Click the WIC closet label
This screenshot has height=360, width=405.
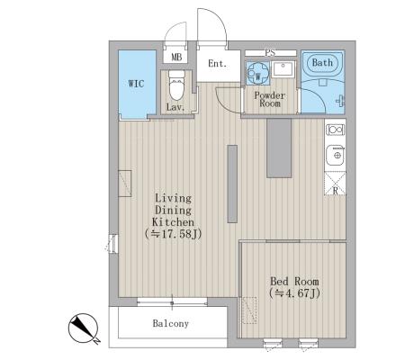point(136,84)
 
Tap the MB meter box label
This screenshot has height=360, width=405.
point(176,58)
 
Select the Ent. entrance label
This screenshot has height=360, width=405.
point(217,64)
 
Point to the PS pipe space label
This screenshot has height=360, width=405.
point(270,53)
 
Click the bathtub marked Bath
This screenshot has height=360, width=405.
point(322,63)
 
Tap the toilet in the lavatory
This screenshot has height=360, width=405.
point(176,85)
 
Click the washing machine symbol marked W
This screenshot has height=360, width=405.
point(258,72)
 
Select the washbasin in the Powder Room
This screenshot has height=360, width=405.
point(283,69)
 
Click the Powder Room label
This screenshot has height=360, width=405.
point(270,100)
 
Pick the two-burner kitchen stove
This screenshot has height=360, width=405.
point(336,130)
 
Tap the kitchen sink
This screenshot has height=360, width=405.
point(336,155)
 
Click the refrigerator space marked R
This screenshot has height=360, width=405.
point(335,184)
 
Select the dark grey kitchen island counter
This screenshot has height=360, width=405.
point(279,148)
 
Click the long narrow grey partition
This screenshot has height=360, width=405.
point(232,184)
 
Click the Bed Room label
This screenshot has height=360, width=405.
point(294,282)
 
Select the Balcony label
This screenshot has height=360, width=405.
point(171,323)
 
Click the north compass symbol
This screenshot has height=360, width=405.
point(84,328)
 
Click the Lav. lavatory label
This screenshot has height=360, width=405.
point(175,107)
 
